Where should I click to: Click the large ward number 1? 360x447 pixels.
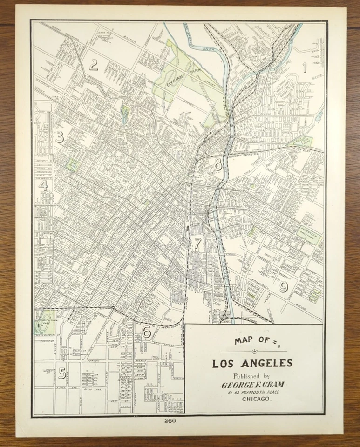pyautogui.click(x=305, y=68)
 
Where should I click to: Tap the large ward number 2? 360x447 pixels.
pyautogui.click(x=94, y=65)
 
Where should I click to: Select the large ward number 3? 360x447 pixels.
pyautogui.click(x=59, y=137)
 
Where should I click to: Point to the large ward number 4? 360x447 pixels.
pyautogui.click(x=43, y=185)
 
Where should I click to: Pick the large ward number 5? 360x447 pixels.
pyautogui.click(x=61, y=373)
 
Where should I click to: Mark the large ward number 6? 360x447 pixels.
pyautogui.click(x=146, y=332)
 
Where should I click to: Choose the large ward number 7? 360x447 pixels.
pyautogui.click(x=198, y=243)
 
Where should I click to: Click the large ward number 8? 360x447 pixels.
pyautogui.click(x=218, y=164)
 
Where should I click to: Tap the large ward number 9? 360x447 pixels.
pyautogui.click(x=283, y=287)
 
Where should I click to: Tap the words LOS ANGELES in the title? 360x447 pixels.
pyautogui.click(x=252, y=363)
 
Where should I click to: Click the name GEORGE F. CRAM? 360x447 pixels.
pyautogui.click(x=252, y=385)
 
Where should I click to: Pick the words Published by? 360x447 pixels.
pyautogui.click(x=252, y=376)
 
